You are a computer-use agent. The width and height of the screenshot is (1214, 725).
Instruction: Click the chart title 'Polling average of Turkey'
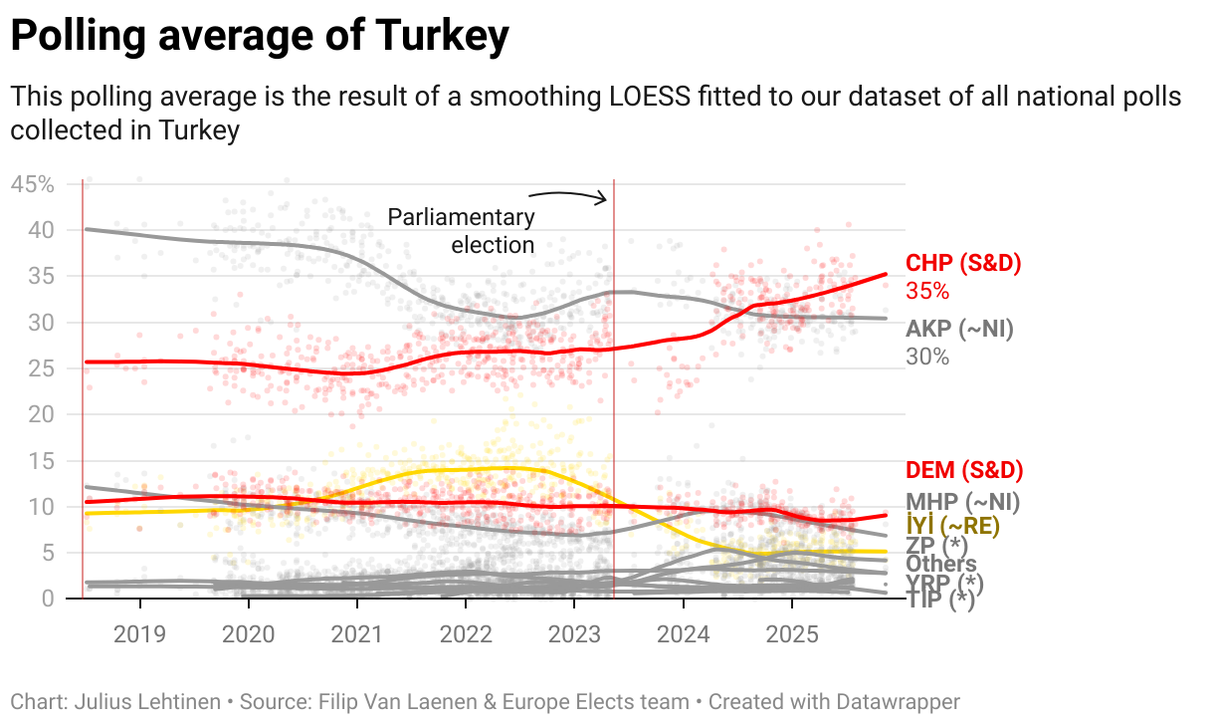(x=260, y=38)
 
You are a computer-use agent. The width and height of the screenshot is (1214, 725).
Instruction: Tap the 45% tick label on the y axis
(x=32, y=184)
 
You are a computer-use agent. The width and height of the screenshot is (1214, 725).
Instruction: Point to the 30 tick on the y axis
(x=40, y=323)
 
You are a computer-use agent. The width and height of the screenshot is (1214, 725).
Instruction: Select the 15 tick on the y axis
(x=40, y=461)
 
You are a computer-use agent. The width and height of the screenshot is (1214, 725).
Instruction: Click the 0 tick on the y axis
(x=47, y=599)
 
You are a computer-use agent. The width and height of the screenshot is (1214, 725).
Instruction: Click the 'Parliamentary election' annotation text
(x=461, y=231)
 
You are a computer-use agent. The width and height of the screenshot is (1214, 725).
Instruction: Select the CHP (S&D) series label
(x=963, y=264)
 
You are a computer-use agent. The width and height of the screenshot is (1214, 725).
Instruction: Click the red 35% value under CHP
(x=927, y=291)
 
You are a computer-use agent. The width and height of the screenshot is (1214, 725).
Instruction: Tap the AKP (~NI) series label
(x=959, y=330)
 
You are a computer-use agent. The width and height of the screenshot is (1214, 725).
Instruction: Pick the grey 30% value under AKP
(x=927, y=357)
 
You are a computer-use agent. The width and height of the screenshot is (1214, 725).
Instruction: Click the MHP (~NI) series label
(x=962, y=502)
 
